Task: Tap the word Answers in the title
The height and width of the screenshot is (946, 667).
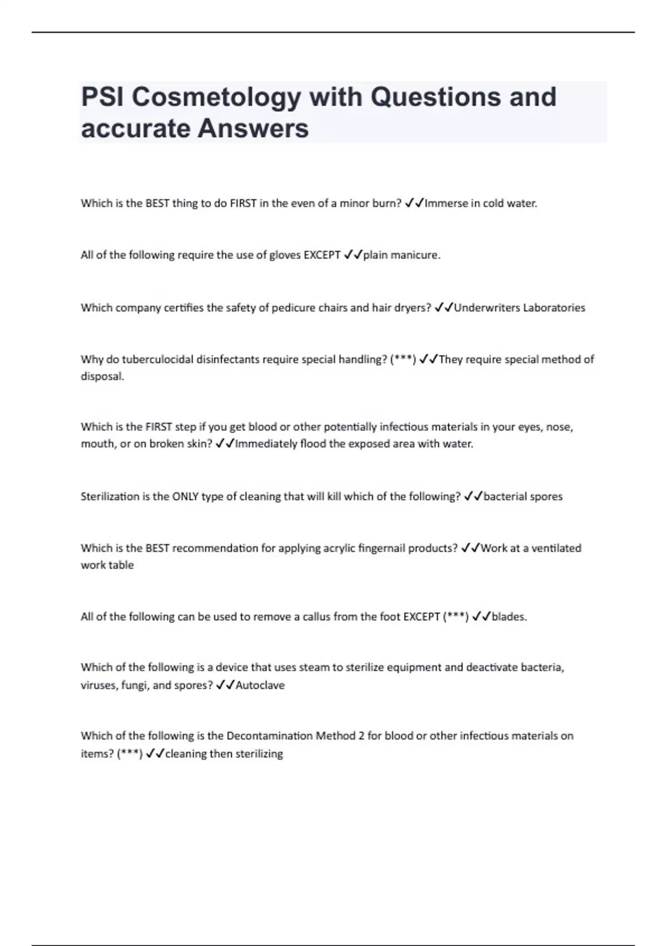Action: (253, 129)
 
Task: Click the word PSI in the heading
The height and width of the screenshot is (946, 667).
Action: (102, 97)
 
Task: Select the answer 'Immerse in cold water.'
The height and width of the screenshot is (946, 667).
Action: (481, 204)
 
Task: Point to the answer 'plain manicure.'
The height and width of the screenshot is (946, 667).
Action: (401, 255)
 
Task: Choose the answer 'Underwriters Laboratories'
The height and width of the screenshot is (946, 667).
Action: (519, 308)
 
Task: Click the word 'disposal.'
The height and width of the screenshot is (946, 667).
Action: (102, 377)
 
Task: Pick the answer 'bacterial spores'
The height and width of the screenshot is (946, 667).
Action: (522, 496)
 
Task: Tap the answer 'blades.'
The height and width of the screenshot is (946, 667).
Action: (509, 617)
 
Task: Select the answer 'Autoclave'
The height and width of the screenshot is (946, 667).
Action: (260, 686)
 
